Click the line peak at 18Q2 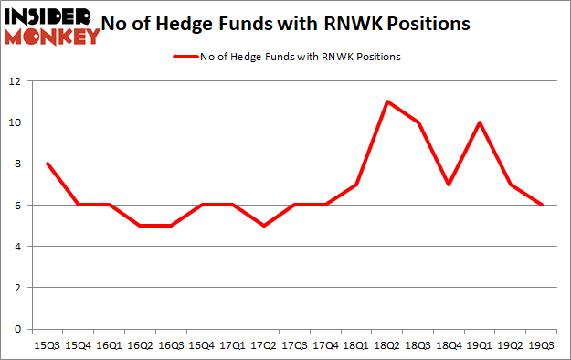point(387,101)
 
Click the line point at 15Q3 point(46,164)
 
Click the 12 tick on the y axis point(16,81)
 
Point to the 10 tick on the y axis point(16,122)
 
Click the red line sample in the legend point(185,57)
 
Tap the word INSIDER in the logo point(50,16)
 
